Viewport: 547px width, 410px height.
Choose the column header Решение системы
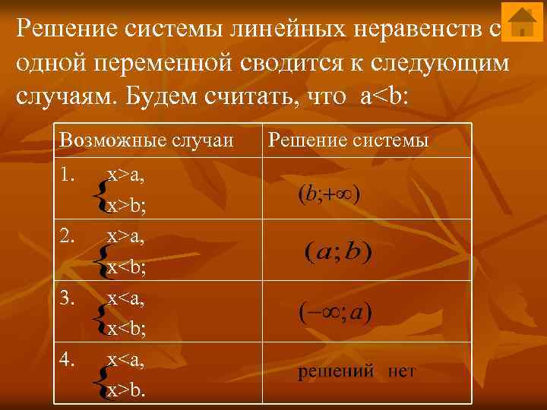349,140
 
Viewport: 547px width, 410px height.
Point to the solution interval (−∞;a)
334,311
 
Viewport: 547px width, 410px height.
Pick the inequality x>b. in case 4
127,390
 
